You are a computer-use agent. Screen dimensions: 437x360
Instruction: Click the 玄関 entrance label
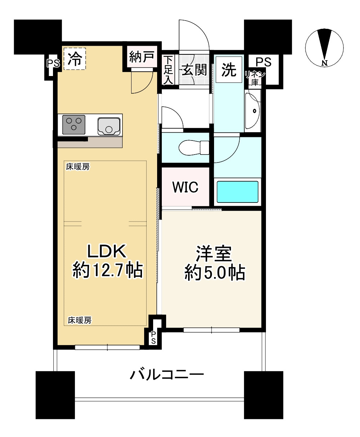click(x=194, y=70)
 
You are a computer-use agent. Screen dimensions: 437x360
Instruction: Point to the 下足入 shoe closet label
click(x=168, y=70)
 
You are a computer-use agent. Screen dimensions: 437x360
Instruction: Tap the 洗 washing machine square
click(x=229, y=70)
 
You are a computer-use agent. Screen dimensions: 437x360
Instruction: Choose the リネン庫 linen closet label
click(x=255, y=78)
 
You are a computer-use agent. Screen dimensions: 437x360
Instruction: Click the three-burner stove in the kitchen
click(x=74, y=124)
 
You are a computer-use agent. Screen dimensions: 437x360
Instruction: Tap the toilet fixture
click(x=194, y=147)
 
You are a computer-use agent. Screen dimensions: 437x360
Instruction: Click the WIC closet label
click(x=185, y=187)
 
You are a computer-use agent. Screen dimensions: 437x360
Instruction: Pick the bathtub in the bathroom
click(x=237, y=192)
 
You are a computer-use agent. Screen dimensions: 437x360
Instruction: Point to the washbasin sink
click(x=254, y=111)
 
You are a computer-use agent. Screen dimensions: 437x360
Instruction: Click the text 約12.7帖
click(x=107, y=270)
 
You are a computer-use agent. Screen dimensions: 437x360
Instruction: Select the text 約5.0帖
click(x=215, y=273)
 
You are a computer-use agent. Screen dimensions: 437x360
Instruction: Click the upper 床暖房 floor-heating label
click(x=78, y=167)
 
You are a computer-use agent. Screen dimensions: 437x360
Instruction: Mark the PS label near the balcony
click(x=154, y=337)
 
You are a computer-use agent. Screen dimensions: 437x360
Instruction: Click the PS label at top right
click(x=263, y=62)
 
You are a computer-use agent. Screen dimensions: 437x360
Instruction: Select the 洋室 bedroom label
click(x=213, y=254)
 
